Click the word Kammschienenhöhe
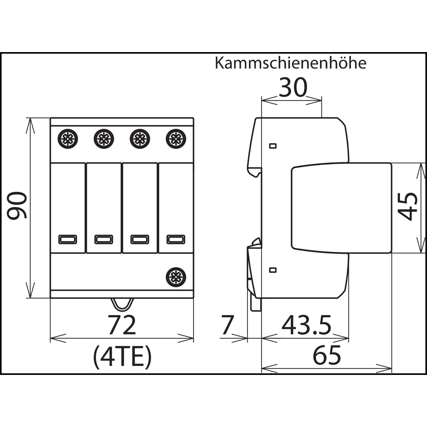[290, 63]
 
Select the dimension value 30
[293, 88]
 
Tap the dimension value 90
[17, 206]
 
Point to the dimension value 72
[122, 325]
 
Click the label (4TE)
[122, 357]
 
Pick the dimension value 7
[227, 325]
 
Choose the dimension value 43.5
[306, 325]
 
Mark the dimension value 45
[408, 207]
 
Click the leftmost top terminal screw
[68, 139]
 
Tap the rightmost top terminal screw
[176, 139]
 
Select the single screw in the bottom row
[176, 277]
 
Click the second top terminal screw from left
[104, 139]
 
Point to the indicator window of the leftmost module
[68, 239]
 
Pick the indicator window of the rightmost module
[176, 239]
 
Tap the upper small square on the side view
[273, 146]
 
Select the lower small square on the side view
[273, 270]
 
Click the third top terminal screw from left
[140, 139]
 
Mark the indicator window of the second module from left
[104, 239]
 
